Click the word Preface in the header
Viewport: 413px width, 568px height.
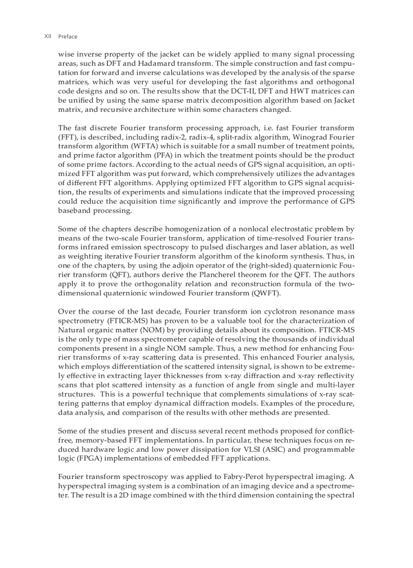tap(68, 36)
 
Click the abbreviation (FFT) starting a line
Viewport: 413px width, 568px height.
tap(67, 137)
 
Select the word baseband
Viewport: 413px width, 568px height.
tap(74, 210)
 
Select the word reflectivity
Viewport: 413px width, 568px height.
tap(335, 375)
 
